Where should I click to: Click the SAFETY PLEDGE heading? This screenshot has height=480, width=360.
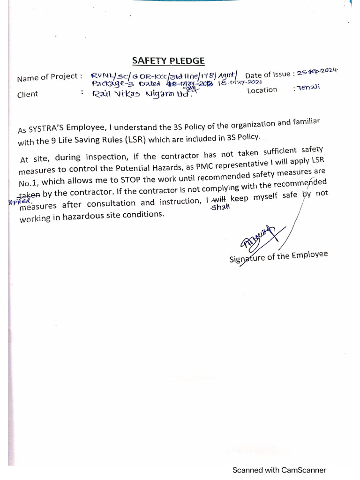(168, 60)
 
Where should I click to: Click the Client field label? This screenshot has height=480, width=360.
(28, 94)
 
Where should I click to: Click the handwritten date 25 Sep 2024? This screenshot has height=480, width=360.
(317, 71)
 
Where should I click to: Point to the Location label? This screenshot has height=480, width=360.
(262, 90)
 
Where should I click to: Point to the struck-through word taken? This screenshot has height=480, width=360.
(29, 194)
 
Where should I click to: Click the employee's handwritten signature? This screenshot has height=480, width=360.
(256, 239)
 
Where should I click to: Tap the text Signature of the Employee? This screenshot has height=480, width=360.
(278, 256)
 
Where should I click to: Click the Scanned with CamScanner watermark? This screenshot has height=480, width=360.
(279, 470)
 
